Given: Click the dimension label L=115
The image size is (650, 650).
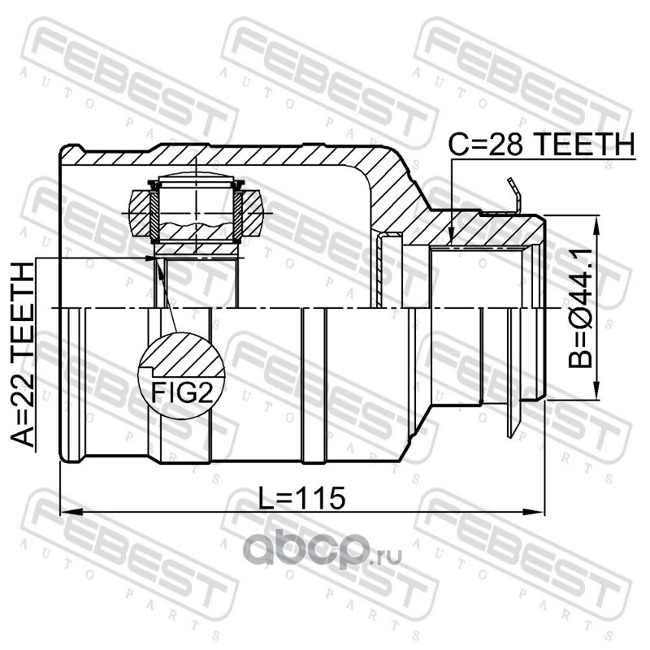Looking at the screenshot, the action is (x=301, y=498).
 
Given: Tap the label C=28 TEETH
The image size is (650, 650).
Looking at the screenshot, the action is (x=542, y=144).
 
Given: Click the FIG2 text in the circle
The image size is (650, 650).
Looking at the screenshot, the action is (x=182, y=392).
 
